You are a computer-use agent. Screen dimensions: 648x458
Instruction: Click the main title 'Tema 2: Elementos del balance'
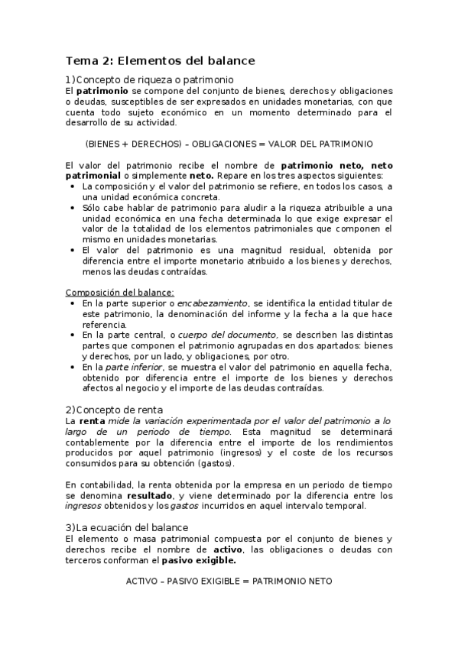160,60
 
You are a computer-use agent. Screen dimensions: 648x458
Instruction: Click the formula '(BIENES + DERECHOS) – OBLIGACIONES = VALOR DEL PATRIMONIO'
229,143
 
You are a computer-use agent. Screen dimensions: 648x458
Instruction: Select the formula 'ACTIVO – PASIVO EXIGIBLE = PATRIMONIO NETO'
229,581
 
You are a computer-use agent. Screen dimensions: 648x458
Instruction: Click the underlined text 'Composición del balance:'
119,292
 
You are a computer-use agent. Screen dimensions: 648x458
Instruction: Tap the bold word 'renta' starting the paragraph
92,421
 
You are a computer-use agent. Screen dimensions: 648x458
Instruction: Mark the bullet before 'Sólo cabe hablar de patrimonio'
72,207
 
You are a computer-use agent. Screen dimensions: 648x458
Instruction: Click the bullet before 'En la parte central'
72,335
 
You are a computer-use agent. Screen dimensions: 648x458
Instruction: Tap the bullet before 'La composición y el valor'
72,186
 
